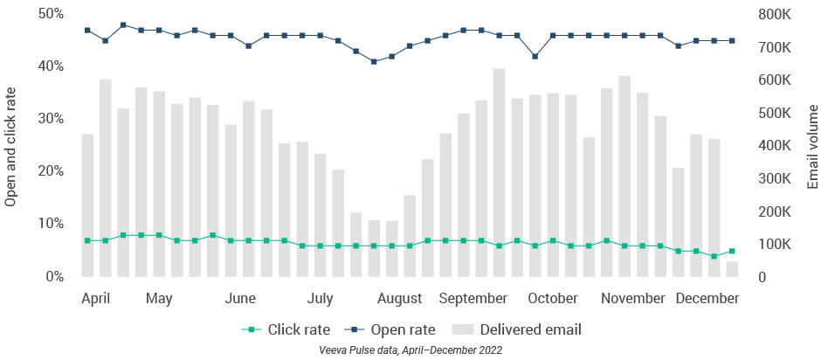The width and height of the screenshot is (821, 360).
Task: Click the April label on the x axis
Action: click(95, 299)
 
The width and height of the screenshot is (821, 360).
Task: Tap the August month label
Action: click(400, 299)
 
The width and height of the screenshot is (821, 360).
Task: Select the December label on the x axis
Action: click(708, 299)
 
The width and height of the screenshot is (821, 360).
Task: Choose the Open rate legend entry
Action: click(393, 329)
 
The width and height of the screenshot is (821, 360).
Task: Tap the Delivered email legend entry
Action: click(518, 329)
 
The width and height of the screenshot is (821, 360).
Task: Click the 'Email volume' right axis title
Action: click(812, 145)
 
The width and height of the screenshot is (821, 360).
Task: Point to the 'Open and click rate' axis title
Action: click(11, 145)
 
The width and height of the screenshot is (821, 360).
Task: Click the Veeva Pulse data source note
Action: click(410, 350)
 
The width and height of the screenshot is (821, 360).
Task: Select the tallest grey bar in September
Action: click(500, 173)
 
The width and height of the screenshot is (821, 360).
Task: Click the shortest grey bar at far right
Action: click(732, 269)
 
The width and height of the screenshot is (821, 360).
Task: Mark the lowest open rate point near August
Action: click(374, 61)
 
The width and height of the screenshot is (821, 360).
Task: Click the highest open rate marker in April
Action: click(123, 25)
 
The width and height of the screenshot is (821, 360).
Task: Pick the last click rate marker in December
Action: click(732, 251)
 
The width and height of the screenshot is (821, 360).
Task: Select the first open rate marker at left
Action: click(87, 31)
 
